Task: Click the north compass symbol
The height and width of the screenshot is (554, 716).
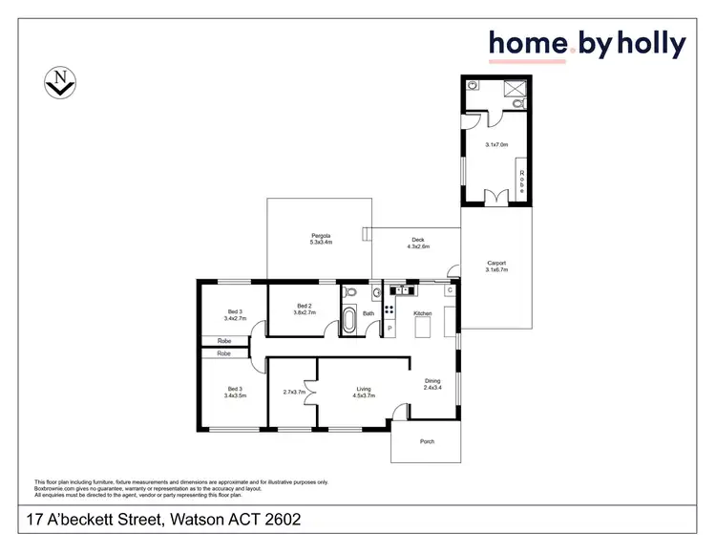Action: tap(59, 85)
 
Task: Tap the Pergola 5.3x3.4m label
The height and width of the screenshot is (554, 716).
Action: tap(320, 239)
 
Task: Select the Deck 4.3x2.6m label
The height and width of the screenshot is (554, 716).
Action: tap(417, 243)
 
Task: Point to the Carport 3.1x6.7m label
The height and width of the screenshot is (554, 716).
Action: tap(496, 266)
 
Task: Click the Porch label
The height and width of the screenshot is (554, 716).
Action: tap(427, 441)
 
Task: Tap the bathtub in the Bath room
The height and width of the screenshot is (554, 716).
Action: tap(349, 321)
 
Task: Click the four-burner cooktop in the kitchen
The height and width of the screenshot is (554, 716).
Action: tap(390, 310)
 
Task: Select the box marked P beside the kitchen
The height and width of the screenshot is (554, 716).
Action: tap(390, 330)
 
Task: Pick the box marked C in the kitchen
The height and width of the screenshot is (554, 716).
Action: tap(449, 290)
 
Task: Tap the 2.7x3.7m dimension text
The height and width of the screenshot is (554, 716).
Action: tap(293, 393)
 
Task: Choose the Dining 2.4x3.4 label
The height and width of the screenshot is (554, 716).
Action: tap(432, 384)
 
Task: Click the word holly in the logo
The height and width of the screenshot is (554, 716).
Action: tap(652, 43)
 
